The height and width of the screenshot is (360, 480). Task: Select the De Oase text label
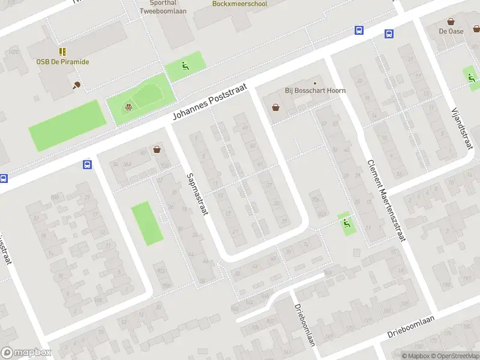click(x=451, y=31)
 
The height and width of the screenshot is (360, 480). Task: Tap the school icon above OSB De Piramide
click(x=62, y=52)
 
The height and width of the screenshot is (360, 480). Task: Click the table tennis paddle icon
click(x=76, y=85)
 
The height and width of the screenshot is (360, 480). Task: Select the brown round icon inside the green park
click(x=128, y=107)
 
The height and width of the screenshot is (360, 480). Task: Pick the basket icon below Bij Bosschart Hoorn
click(x=275, y=107)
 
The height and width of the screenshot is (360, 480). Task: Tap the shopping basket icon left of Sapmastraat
click(x=157, y=149)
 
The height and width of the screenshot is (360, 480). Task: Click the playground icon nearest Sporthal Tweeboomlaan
click(x=185, y=66)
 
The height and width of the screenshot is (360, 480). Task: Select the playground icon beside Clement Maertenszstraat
click(x=346, y=224)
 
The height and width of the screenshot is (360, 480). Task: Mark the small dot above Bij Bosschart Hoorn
click(x=314, y=83)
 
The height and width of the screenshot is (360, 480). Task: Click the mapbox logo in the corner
click(x=26, y=353)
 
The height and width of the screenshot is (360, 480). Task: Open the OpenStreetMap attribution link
click(x=455, y=356)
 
